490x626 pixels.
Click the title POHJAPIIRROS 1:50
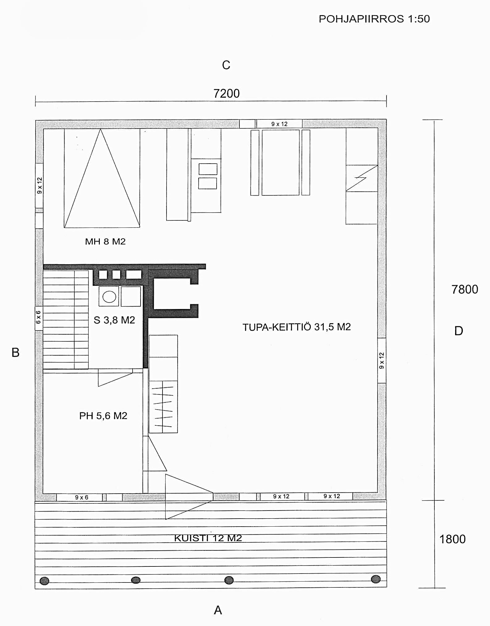(x=374, y=19)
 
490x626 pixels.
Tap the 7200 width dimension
(x=226, y=94)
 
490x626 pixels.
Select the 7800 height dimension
(x=465, y=290)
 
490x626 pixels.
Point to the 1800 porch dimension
(x=452, y=539)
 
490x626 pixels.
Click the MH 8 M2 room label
(x=105, y=241)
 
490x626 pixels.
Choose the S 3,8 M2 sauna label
(x=114, y=320)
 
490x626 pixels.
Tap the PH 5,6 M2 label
(x=103, y=416)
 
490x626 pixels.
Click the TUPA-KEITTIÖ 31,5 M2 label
(x=297, y=327)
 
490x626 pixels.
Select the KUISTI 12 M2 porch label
(x=208, y=538)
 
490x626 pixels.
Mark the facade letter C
(x=226, y=65)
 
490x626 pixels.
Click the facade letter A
(x=218, y=610)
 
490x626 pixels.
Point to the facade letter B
(x=15, y=353)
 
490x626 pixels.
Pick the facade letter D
(x=459, y=331)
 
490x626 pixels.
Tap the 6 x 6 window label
(x=38, y=317)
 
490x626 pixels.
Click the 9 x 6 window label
(x=82, y=497)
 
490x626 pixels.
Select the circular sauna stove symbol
(x=109, y=297)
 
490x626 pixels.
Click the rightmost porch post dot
(x=376, y=579)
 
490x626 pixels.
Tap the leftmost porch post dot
(x=44, y=581)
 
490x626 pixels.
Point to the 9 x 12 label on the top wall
(x=279, y=124)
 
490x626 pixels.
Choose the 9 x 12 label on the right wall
(x=382, y=361)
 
